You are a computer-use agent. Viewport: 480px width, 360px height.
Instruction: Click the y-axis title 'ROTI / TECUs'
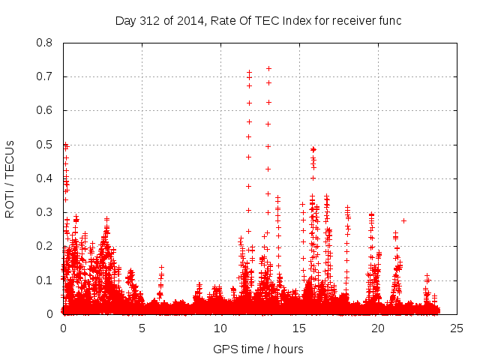tap(10, 179)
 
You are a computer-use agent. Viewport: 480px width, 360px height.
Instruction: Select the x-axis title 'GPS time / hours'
tap(258, 349)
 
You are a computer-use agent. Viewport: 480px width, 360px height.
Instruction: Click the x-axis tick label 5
tap(142, 328)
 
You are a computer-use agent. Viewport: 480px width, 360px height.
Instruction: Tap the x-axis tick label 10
tap(220, 328)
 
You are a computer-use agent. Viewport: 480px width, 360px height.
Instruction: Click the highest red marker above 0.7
tap(268, 68)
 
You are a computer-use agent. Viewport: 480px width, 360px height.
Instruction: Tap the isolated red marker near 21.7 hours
tap(403, 220)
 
